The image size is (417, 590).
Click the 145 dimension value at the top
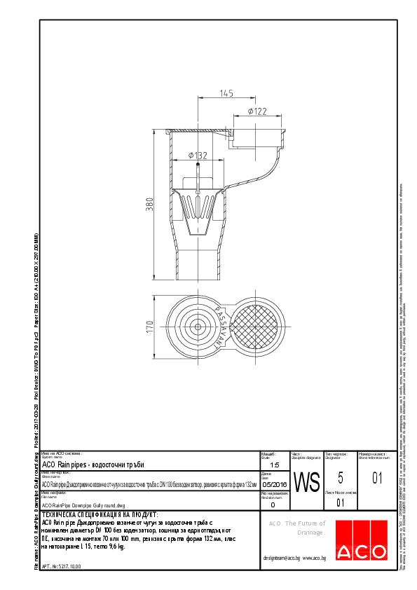(x=226, y=92)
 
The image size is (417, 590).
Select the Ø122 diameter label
(x=257, y=111)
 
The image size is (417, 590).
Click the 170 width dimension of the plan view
(x=149, y=327)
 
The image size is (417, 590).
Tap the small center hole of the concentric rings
(x=198, y=327)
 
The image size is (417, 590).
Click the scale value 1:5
(x=274, y=465)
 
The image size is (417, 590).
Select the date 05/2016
(x=274, y=484)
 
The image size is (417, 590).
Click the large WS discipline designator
(x=306, y=483)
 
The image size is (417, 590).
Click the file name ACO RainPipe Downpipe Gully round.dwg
(x=83, y=505)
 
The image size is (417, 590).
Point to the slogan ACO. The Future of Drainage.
(x=298, y=528)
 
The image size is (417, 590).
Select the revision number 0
(x=273, y=504)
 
